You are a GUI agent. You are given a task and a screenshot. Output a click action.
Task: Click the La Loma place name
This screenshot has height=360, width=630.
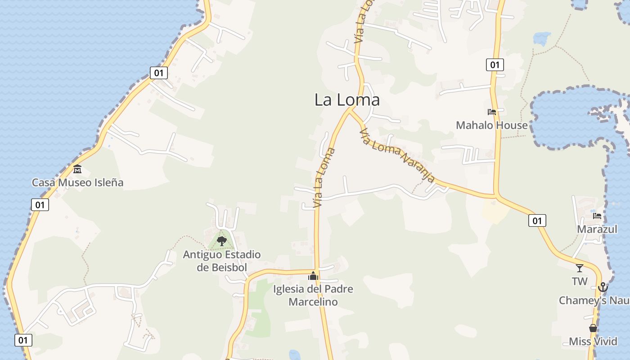coord(347,100)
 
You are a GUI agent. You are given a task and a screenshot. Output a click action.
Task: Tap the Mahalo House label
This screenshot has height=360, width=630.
coord(491,125)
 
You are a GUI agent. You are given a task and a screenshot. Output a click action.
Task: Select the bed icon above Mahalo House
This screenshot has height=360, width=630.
coord(491,112)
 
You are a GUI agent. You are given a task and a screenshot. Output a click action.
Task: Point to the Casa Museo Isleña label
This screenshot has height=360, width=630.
coord(77,182)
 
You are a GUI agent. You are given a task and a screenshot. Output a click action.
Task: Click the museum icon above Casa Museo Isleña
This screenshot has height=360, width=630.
coord(77,169)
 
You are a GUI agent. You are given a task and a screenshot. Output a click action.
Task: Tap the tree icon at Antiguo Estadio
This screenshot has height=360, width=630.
coord(221,241)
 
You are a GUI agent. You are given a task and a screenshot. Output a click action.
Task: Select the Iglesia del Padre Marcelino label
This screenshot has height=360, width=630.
coord(313,295)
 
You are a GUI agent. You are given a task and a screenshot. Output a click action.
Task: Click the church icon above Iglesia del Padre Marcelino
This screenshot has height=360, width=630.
coord(313,276)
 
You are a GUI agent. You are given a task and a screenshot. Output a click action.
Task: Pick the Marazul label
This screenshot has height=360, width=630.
coord(597,229)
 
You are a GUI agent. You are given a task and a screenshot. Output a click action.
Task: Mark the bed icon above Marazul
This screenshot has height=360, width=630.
coord(597,216)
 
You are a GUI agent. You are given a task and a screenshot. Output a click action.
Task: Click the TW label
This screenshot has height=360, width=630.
coord(580,282)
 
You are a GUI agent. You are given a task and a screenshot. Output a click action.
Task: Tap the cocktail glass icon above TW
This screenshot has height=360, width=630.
coord(580,268)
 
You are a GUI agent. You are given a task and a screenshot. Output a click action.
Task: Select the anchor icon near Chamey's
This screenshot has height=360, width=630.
coord(603,287)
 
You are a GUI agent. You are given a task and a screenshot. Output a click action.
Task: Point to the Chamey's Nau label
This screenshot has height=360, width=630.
coord(594,300)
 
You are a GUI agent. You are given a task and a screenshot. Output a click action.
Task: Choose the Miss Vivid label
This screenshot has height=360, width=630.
coord(593,342)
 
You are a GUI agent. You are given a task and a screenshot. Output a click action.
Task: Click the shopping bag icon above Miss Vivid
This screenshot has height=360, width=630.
coord(593,328)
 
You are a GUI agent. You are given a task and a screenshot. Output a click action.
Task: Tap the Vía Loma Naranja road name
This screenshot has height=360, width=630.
coord(397,155)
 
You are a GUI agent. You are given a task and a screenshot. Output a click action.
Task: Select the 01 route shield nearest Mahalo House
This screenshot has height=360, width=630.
coord(495,65)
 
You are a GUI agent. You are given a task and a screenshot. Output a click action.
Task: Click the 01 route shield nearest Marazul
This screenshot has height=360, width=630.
coord(537,220)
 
